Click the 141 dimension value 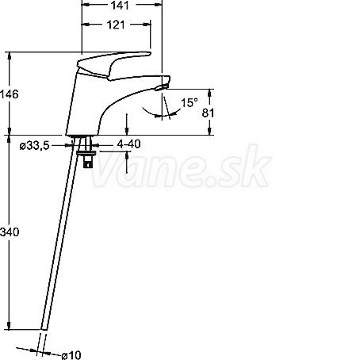(x=120, y=6)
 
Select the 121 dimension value (x=116, y=25)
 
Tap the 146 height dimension (x=10, y=94)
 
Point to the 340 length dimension (x=10, y=232)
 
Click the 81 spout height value (x=208, y=113)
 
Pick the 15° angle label (x=190, y=102)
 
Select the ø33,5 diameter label (x=34, y=145)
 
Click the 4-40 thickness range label (x=128, y=144)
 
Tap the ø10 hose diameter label (x=71, y=355)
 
